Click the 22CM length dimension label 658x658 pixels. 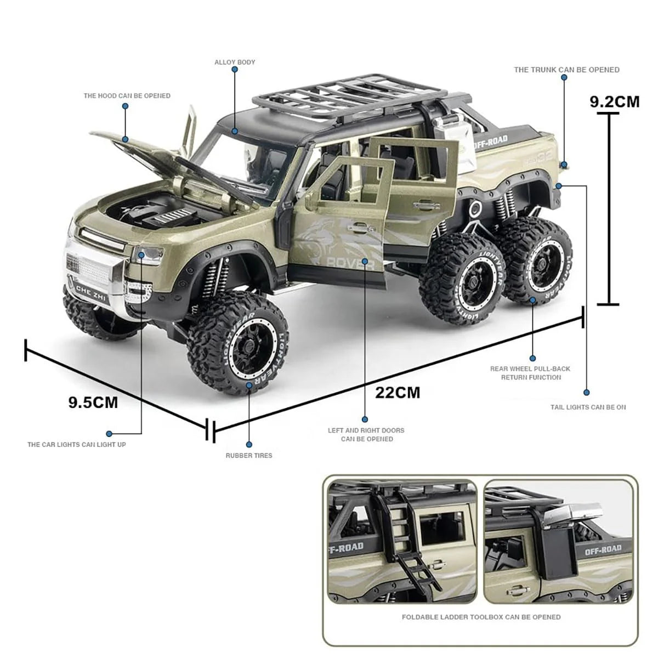coord(398,393)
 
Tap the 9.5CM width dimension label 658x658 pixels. coord(93,402)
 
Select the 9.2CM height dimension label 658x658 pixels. coord(614,101)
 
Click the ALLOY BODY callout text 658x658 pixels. coord(235,63)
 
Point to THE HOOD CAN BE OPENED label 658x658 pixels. coord(127,95)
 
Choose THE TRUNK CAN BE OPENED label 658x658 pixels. coord(566,70)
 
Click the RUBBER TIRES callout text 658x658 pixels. coord(249,455)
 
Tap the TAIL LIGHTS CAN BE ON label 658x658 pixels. coord(588,407)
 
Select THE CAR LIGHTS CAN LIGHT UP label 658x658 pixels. coord(77,444)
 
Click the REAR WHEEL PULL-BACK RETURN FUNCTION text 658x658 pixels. coord(530,373)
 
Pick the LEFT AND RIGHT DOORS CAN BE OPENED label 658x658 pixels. coord(366,434)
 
